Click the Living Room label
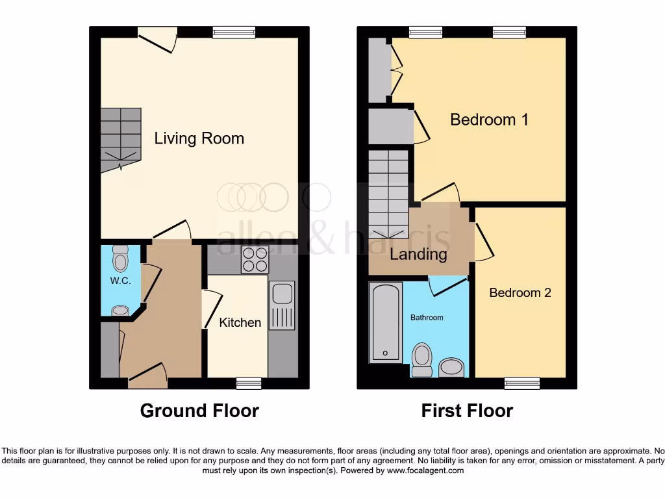(x=199, y=138)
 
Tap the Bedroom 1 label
(x=489, y=120)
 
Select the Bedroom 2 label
(x=520, y=293)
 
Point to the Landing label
(x=418, y=254)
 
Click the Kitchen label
(x=240, y=322)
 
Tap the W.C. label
(x=120, y=281)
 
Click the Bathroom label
(x=426, y=318)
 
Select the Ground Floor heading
(x=199, y=411)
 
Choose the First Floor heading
(x=467, y=411)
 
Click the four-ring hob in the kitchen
(x=255, y=260)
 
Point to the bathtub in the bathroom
(x=386, y=322)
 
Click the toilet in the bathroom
(x=422, y=359)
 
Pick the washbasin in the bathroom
(x=451, y=367)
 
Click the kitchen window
(x=249, y=383)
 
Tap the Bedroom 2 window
(x=522, y=383)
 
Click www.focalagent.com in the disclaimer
(x=425, y=470)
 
